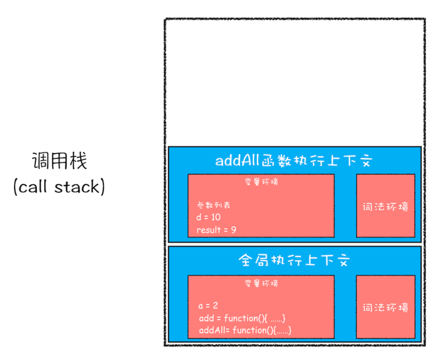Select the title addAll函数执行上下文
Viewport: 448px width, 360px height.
coord(294,161)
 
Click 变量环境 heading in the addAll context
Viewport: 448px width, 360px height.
coord(261,182)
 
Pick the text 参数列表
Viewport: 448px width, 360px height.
coord(213,205)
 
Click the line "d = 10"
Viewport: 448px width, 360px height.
coord(209,217)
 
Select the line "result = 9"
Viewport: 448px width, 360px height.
coord(216,230)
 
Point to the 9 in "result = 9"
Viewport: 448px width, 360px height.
coord(233,230)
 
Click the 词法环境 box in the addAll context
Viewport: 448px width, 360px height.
coord(385,206)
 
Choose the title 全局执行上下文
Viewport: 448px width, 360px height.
coord(294,260)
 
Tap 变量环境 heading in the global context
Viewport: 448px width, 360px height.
coord(261,283)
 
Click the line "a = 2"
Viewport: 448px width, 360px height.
coord(208,306)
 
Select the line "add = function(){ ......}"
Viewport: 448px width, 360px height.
coord(242,319)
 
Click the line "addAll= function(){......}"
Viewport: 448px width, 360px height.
coord(245,331)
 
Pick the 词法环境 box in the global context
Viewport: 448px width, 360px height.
coord(385,307)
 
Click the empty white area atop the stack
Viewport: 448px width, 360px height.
coord(294,82)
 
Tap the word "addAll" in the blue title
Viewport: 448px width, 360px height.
coord(235,161)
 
